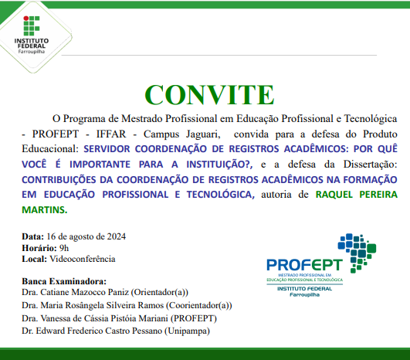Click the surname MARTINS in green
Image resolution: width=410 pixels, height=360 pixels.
[45, 188]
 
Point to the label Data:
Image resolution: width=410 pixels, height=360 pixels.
[32, 236]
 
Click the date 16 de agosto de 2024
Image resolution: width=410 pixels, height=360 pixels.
[86, 236]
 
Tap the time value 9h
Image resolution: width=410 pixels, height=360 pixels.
[63, 247]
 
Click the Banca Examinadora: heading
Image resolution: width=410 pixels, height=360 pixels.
[63, 281]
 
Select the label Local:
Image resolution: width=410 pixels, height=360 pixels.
[34, 259]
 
